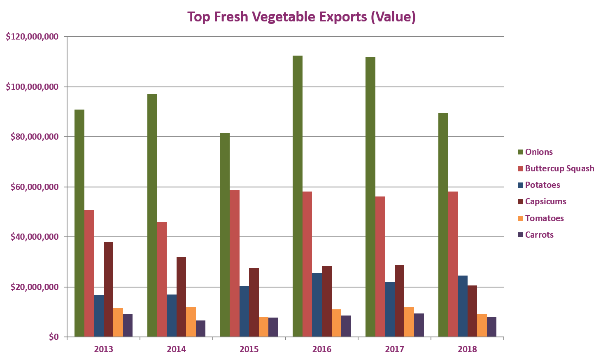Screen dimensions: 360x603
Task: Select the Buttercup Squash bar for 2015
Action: point(235,264)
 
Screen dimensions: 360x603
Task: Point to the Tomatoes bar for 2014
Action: point(191,322)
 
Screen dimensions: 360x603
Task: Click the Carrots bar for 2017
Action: point(419,325)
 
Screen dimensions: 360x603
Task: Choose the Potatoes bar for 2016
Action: point(317,305)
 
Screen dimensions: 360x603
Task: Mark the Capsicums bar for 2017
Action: point(399,301)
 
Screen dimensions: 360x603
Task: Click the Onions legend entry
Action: point(538,152)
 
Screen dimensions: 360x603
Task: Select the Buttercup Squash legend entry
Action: point(559,168)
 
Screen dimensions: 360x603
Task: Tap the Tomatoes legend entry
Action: point(544,218)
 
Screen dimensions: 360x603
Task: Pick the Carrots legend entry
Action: point(539,235)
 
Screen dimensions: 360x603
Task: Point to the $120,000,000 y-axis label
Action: point(32,37)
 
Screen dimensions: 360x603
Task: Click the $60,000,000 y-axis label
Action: point(35,187)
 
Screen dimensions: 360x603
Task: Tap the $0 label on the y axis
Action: point(54,337)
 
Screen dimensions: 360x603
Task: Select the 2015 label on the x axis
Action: point(249,349)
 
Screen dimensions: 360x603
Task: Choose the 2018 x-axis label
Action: point(467,349)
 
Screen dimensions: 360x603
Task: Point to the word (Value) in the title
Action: point(393,17)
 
